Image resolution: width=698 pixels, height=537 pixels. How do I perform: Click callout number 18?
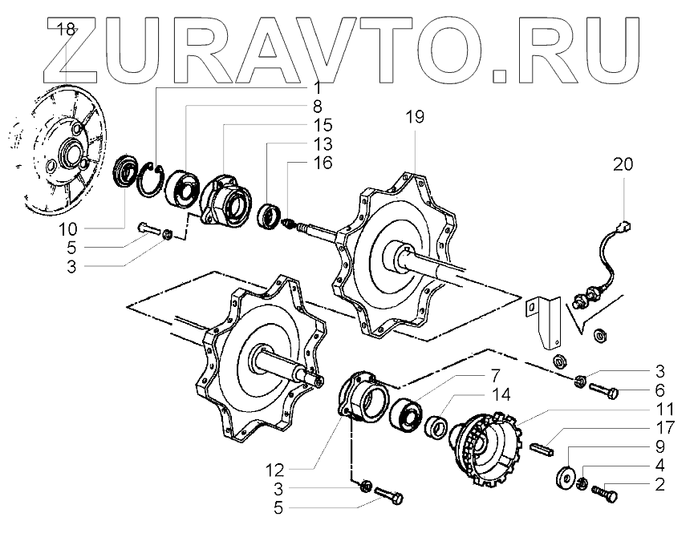[65, 30]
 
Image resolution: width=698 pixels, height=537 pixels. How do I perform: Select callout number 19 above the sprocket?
[414, 117]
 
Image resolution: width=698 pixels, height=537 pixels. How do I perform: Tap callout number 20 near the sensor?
[623, 165]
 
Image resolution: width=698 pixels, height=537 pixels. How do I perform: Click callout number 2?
[659, 483]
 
